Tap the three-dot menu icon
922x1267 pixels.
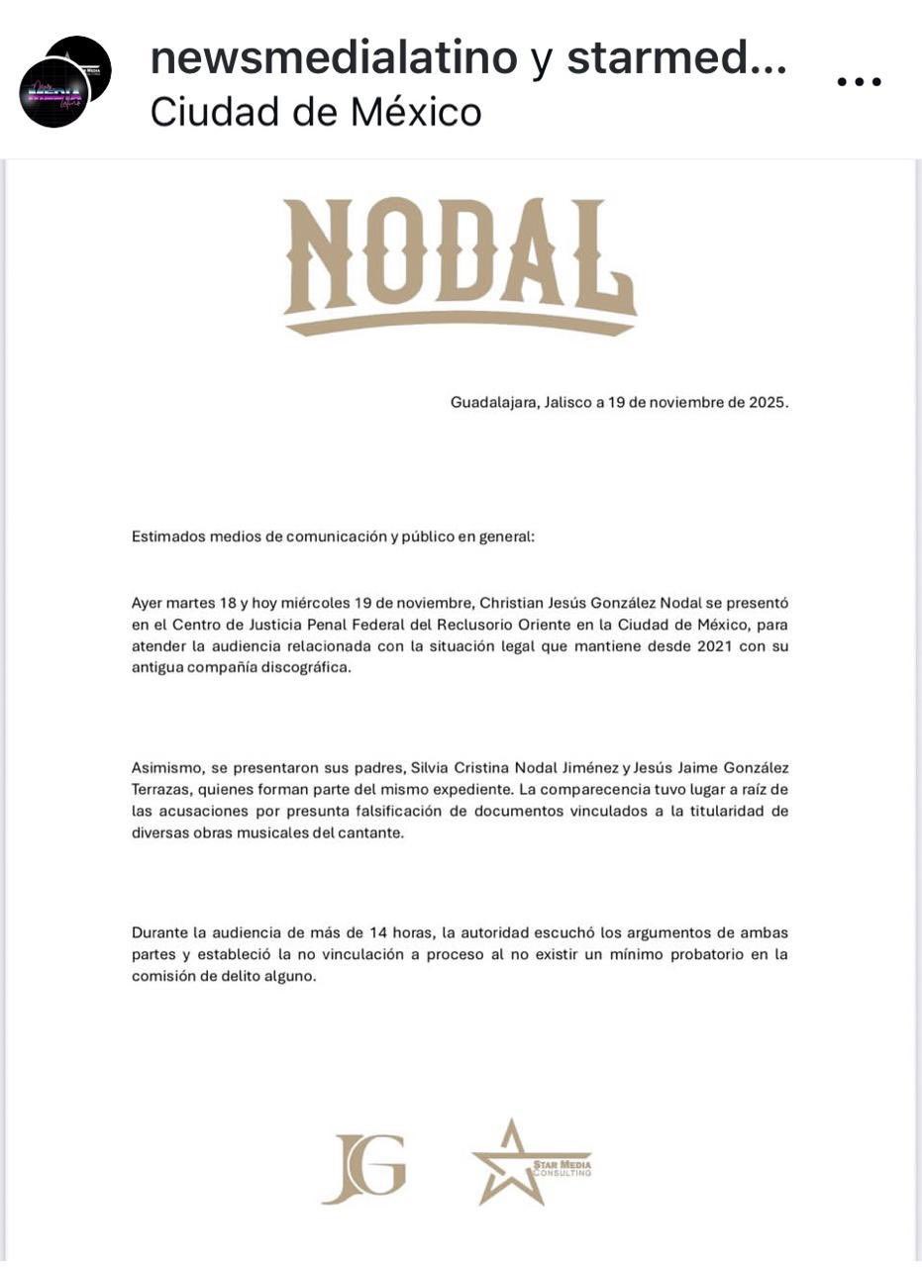pos(859,82)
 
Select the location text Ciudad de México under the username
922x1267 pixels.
pos(316,112)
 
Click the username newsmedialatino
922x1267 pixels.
pos(334,59)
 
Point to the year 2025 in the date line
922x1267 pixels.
pos(768,403)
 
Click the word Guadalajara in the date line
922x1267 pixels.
pos(493,403)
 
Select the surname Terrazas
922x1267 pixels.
pos(163,790)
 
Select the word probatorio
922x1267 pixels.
pos(708,954)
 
